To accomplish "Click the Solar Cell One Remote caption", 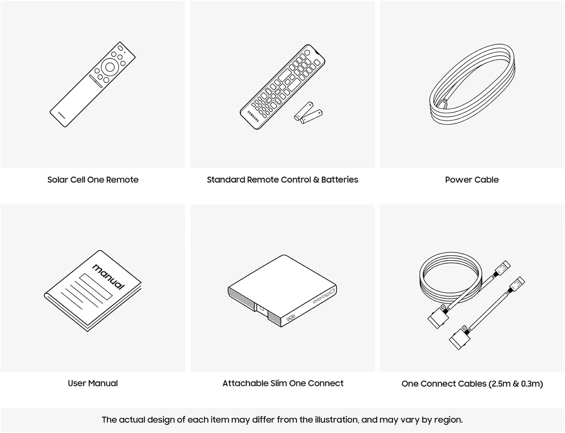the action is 93,180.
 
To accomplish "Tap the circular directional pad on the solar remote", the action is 110,67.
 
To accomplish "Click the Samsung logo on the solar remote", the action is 62,115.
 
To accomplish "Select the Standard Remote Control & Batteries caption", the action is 282,180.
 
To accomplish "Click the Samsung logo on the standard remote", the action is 253,116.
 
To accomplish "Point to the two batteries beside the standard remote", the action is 308,112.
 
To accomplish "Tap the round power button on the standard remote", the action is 307,53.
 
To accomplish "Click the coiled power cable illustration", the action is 472,84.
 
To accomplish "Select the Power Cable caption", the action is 472,180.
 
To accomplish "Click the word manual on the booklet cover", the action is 108,277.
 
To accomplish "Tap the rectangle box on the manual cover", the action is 96,287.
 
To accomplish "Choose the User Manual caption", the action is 93,383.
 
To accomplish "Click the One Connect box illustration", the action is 282,291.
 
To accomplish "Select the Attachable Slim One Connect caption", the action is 283,383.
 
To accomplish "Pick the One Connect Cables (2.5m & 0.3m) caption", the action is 472,384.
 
